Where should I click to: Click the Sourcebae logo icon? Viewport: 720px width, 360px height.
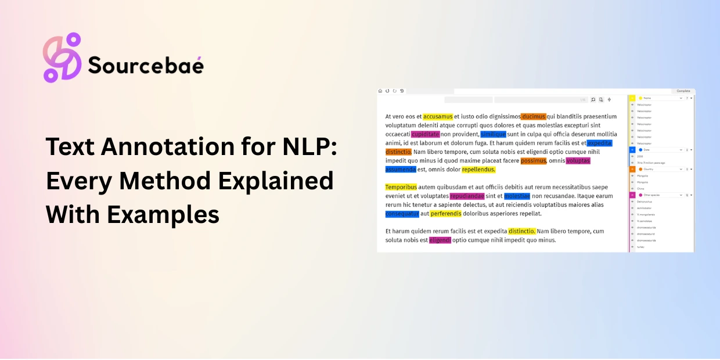tap(62, 57)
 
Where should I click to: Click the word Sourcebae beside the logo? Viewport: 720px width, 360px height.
tap(146, 65)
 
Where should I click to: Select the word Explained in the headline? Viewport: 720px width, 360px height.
tap(276, 181)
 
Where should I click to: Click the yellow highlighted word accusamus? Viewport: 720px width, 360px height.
tap(438, 117)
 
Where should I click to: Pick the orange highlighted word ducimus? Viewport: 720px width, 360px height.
tap(533, 117)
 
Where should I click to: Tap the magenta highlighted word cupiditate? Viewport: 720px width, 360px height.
tap(425, 134)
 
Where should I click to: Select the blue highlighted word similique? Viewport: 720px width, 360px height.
tap(493, 134)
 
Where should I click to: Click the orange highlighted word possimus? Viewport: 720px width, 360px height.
tap(533, 161)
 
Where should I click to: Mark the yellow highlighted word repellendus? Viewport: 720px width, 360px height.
tap(478, 170)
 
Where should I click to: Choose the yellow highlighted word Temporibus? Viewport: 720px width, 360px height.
tap(401, 187)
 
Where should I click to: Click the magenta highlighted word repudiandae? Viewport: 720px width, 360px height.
tap(467, 196)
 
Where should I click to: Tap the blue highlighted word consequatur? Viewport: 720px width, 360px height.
tap(402, 214)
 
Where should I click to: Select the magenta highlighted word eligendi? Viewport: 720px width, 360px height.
tap(440, 240)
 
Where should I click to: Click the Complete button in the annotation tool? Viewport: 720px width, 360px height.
tap(683, 91)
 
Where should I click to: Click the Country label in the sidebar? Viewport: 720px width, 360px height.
tap(649, 169)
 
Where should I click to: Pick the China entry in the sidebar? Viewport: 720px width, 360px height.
tap(640, 189)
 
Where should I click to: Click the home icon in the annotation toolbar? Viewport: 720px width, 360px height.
tap(380, 91)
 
